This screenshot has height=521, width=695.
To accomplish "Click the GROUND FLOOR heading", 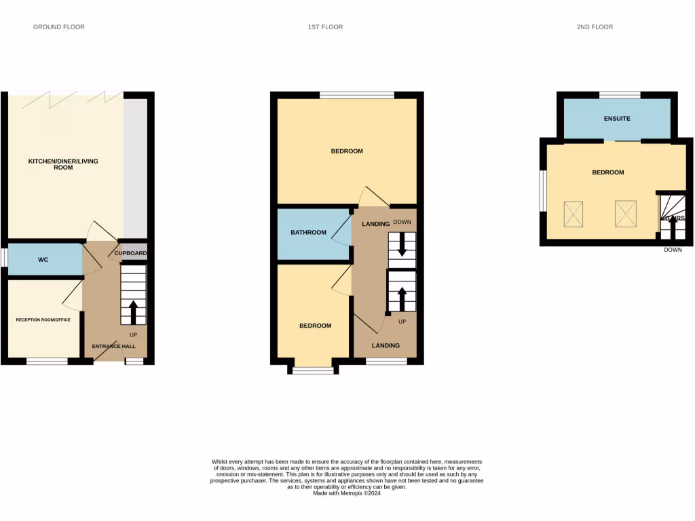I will [59, 27].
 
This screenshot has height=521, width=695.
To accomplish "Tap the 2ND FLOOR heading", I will [594, 27].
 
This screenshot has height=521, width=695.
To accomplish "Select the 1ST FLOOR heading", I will [325, 27].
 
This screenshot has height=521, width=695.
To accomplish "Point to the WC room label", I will [43, 260].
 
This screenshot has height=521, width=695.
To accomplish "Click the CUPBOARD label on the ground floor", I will [131, 253].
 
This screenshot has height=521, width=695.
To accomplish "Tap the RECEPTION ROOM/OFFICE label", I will [43, 319].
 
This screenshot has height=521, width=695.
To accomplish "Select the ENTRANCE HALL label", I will [114, 346].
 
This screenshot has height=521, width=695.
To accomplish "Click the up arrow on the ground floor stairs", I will [133, 311].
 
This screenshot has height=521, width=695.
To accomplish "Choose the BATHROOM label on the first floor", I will [309, 233].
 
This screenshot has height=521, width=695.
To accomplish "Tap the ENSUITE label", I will [617, 119].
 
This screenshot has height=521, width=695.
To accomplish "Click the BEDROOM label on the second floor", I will [607, 172].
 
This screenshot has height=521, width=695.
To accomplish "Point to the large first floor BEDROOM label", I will [347, 151].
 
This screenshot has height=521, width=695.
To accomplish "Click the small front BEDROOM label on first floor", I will [316, 326].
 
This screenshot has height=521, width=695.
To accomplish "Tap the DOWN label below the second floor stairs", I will [673, 250].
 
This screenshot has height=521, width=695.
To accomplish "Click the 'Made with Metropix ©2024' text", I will [347, 494].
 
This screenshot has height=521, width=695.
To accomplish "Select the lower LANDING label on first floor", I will [385, 345].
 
